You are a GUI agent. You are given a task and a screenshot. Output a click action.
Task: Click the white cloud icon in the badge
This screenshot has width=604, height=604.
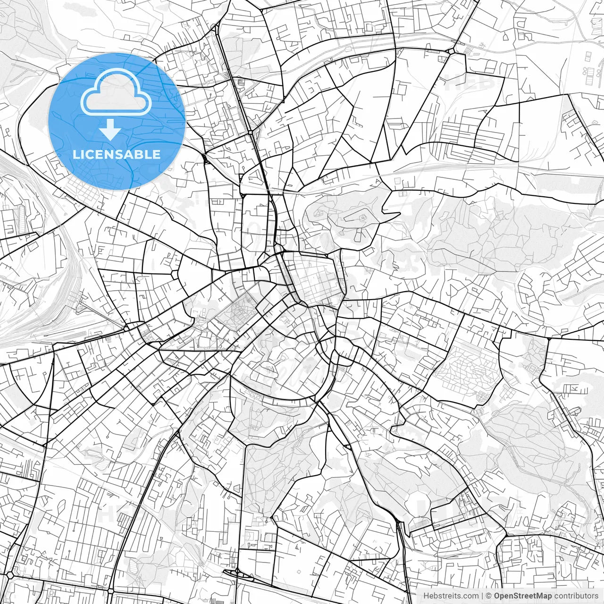point(116,92)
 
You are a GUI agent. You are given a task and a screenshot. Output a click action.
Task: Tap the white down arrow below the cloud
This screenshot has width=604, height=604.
point(110,129)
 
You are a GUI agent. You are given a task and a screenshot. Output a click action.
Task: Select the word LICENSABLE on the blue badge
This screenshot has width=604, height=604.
point(117,154)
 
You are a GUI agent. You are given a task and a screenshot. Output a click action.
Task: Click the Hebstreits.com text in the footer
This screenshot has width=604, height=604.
point(450,596)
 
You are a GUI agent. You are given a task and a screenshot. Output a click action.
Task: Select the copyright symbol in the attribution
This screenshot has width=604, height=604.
point(489,596)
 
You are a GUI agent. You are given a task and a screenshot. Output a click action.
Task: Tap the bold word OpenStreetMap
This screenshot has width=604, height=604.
point(522,596)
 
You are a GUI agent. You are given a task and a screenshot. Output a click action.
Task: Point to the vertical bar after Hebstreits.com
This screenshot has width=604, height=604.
point(482,596)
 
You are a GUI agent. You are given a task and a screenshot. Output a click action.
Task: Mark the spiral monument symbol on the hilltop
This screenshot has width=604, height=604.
point(362,218)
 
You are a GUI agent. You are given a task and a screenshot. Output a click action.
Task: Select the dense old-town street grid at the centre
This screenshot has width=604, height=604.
point(314,278)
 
